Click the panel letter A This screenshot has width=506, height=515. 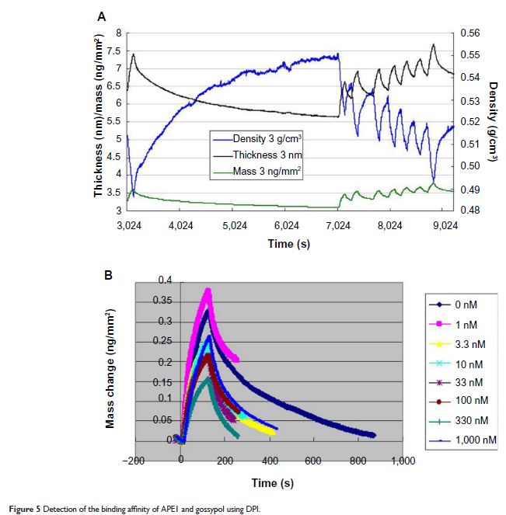coord(102,16)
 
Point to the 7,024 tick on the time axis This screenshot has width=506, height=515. coord(338,225)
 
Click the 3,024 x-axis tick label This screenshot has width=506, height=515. coord(127,225)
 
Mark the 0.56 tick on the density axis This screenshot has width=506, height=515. coord(471,33)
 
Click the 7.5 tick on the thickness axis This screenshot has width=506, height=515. coord(113,50)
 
